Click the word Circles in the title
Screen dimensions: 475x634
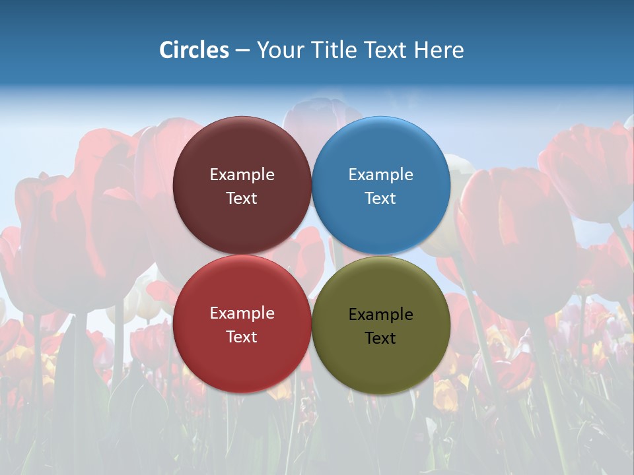click(194, 50)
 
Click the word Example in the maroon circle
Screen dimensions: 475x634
click(242, 175)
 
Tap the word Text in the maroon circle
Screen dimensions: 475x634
click(242, 199)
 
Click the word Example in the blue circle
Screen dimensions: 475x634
click(380, 175)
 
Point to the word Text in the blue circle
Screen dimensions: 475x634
click(380, 199)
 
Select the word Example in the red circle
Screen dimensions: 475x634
click(242, 313)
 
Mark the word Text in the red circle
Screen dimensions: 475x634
click(242, 337)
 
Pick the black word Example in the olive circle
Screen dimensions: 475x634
click(380, 315)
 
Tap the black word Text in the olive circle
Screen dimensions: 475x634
click(380, 338)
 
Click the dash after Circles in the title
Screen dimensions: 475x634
click(242, 51)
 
